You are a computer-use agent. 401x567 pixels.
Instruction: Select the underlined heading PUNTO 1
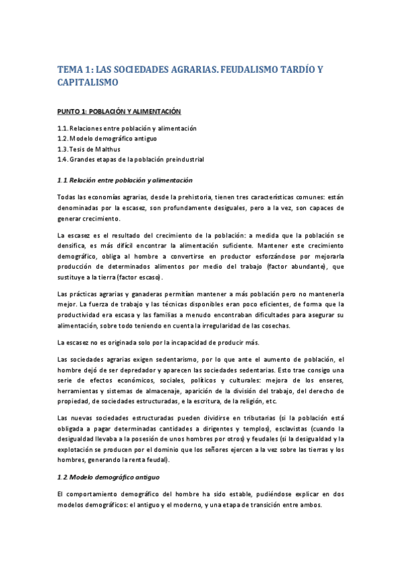click(119, 110)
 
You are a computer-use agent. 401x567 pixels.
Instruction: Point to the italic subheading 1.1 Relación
click(125, 180)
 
